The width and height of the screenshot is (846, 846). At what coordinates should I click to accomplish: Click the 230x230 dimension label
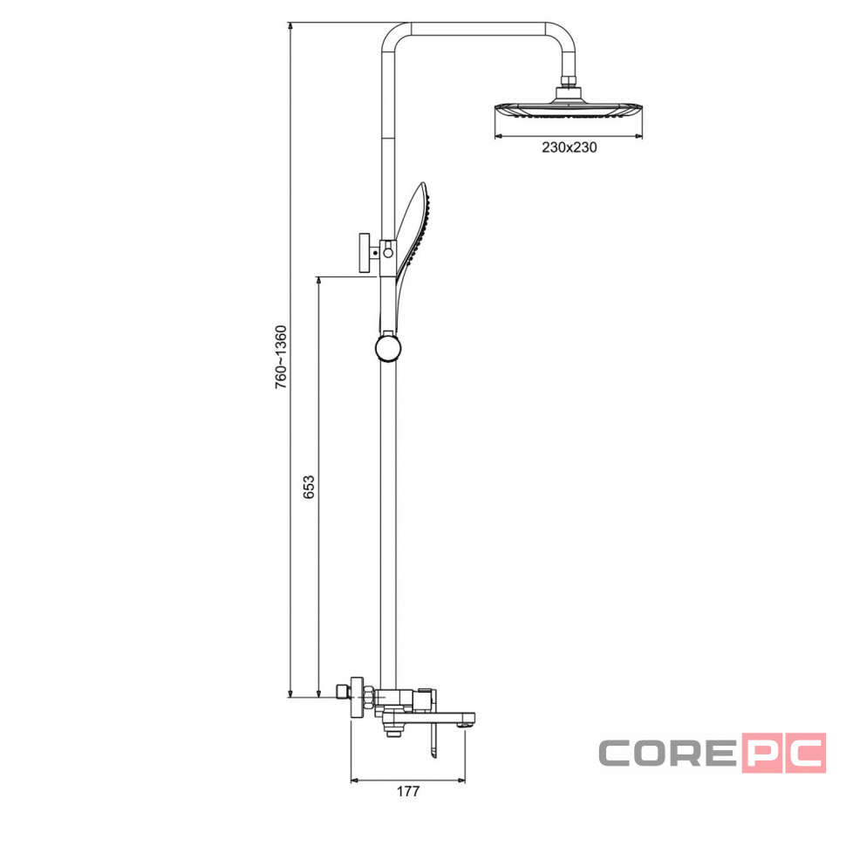coord(570,147)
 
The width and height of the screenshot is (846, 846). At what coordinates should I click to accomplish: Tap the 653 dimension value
coord(309,487)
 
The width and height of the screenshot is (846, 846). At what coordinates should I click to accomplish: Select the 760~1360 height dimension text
coord(281,358)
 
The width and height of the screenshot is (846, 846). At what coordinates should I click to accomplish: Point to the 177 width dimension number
coord(408,791)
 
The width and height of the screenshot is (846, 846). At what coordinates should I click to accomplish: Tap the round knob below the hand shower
coord(388,348)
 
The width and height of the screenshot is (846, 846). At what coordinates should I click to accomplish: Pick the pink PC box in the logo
coord(783,753)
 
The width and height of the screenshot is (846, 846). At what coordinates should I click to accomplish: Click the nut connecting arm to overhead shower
coord(569,81)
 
